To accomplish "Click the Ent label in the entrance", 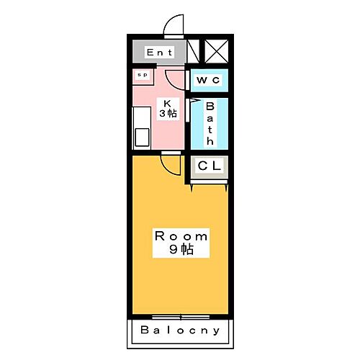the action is point(159,53).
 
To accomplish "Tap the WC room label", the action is point(208,80).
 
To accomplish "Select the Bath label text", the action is point(210,124).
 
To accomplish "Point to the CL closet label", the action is point(209,166).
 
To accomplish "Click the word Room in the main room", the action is point(181,236).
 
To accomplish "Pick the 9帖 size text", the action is point(181,249).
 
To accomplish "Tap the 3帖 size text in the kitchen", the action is point(168,113).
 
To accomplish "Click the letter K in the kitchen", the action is point(167,104).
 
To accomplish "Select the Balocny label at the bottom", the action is point(180,330).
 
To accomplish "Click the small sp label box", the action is point(143,75).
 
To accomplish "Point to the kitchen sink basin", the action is point(142,138).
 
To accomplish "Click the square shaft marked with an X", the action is point(217,51).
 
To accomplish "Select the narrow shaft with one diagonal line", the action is point(193,51).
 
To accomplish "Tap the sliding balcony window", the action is point(181,318).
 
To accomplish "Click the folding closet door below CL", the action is point(209,183).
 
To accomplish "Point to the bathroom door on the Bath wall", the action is point(187,110).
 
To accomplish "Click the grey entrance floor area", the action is point(159,52).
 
